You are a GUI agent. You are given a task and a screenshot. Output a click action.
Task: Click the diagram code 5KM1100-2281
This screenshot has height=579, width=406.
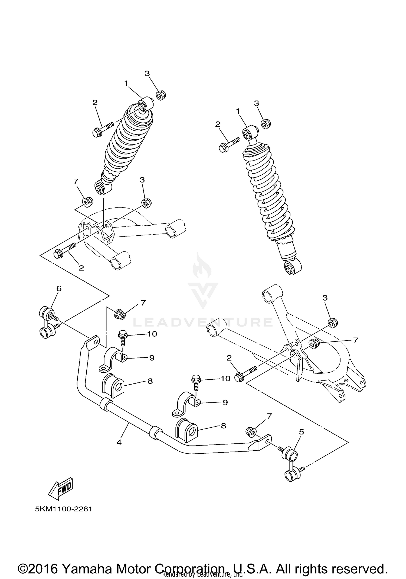click(64, 509)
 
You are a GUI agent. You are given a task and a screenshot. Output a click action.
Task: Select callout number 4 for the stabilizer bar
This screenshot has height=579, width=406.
click(119, 442)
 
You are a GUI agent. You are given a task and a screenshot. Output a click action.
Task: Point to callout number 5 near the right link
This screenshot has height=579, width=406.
click(302, 432)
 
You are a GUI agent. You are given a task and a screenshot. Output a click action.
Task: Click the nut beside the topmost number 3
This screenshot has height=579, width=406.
click(161, 95)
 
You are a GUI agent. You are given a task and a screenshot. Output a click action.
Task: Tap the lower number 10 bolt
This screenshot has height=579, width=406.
click(196, 381)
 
